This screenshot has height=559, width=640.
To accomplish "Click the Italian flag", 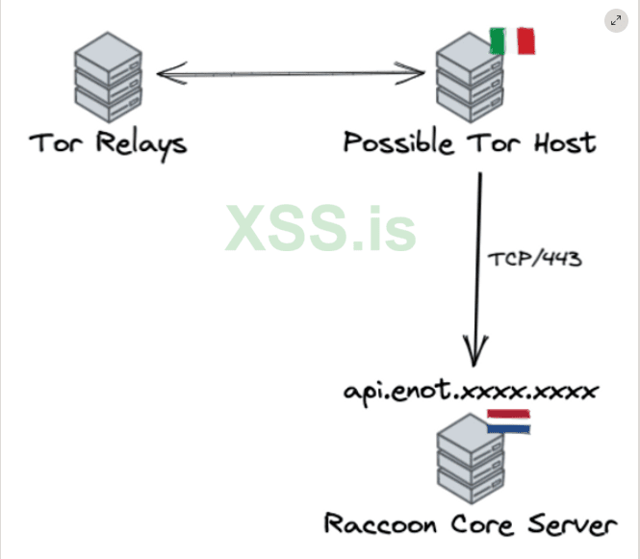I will tap(512, 40).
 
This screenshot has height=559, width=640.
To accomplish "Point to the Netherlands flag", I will tap(508, 420).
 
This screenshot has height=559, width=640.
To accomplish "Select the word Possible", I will tap(398, 144).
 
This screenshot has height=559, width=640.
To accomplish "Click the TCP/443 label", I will tap(534, 259).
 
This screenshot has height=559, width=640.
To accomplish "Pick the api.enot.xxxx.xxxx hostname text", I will tap(471, 391).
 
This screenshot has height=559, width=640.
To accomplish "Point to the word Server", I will tap(571, 525).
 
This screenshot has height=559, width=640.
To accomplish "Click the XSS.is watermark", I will tap(321, 229).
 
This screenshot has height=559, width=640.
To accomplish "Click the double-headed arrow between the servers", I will tap(289, 72).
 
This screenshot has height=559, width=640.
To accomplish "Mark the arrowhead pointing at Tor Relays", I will tap(166, 72).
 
